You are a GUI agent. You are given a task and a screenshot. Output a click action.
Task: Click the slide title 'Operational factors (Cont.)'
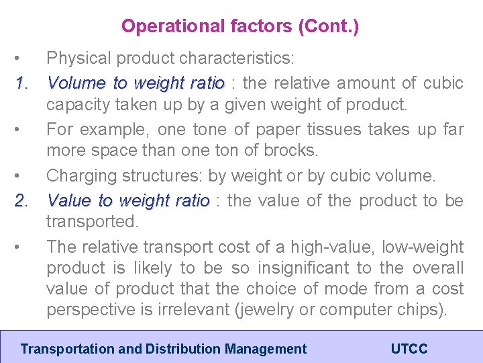(x=239, y=27)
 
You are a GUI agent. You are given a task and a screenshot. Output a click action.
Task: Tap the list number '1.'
(x=21, y=83)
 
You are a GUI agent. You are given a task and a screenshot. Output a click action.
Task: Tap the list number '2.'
(x=21, y=200)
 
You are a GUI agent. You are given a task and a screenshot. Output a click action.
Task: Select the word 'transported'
(x=92, y=222)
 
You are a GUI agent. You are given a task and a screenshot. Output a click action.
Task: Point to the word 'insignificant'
(x=305, y=268)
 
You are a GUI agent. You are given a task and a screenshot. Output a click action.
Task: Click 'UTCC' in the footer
(x=409, y=349)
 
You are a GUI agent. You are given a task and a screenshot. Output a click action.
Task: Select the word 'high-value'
(x=335, y=247)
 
